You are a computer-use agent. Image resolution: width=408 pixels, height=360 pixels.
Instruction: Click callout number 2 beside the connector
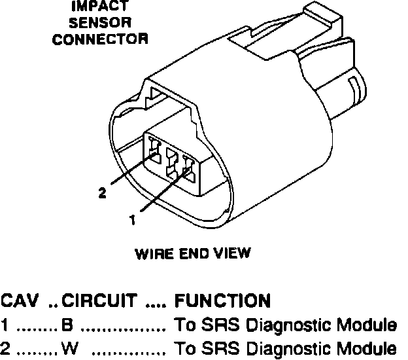tap(102, 192)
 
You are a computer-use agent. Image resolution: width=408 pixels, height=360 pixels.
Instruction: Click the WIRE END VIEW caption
tap(193, 253)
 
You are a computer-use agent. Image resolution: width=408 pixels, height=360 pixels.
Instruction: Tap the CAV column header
tap(20, 301)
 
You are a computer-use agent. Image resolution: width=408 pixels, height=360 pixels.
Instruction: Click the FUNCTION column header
tap(222, 301)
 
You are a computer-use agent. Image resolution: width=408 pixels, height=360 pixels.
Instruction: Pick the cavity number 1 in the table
tap(5, 325)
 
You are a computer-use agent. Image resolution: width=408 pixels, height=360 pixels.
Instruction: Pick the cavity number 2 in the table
tap(5, 347)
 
